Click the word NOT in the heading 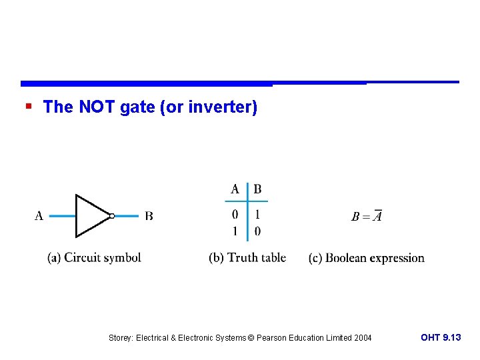[97, 107]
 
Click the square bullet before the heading [27, 107]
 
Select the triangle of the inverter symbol [90, 215]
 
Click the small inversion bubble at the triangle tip [112, 216]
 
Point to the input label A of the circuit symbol [39, 216]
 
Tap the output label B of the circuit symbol [149, 216]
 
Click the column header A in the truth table [235, 190]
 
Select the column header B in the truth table [257, 190]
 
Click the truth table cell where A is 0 [235, 215]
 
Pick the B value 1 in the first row [257, 215]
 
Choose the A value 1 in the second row [235, 231]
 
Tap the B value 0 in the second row [257, 231]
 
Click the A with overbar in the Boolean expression [377, 216]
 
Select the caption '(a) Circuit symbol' [94, 258]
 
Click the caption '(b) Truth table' [247, 258]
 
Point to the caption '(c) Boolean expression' [367, 258]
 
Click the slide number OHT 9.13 [441, 338]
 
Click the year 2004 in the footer [362, 338]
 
